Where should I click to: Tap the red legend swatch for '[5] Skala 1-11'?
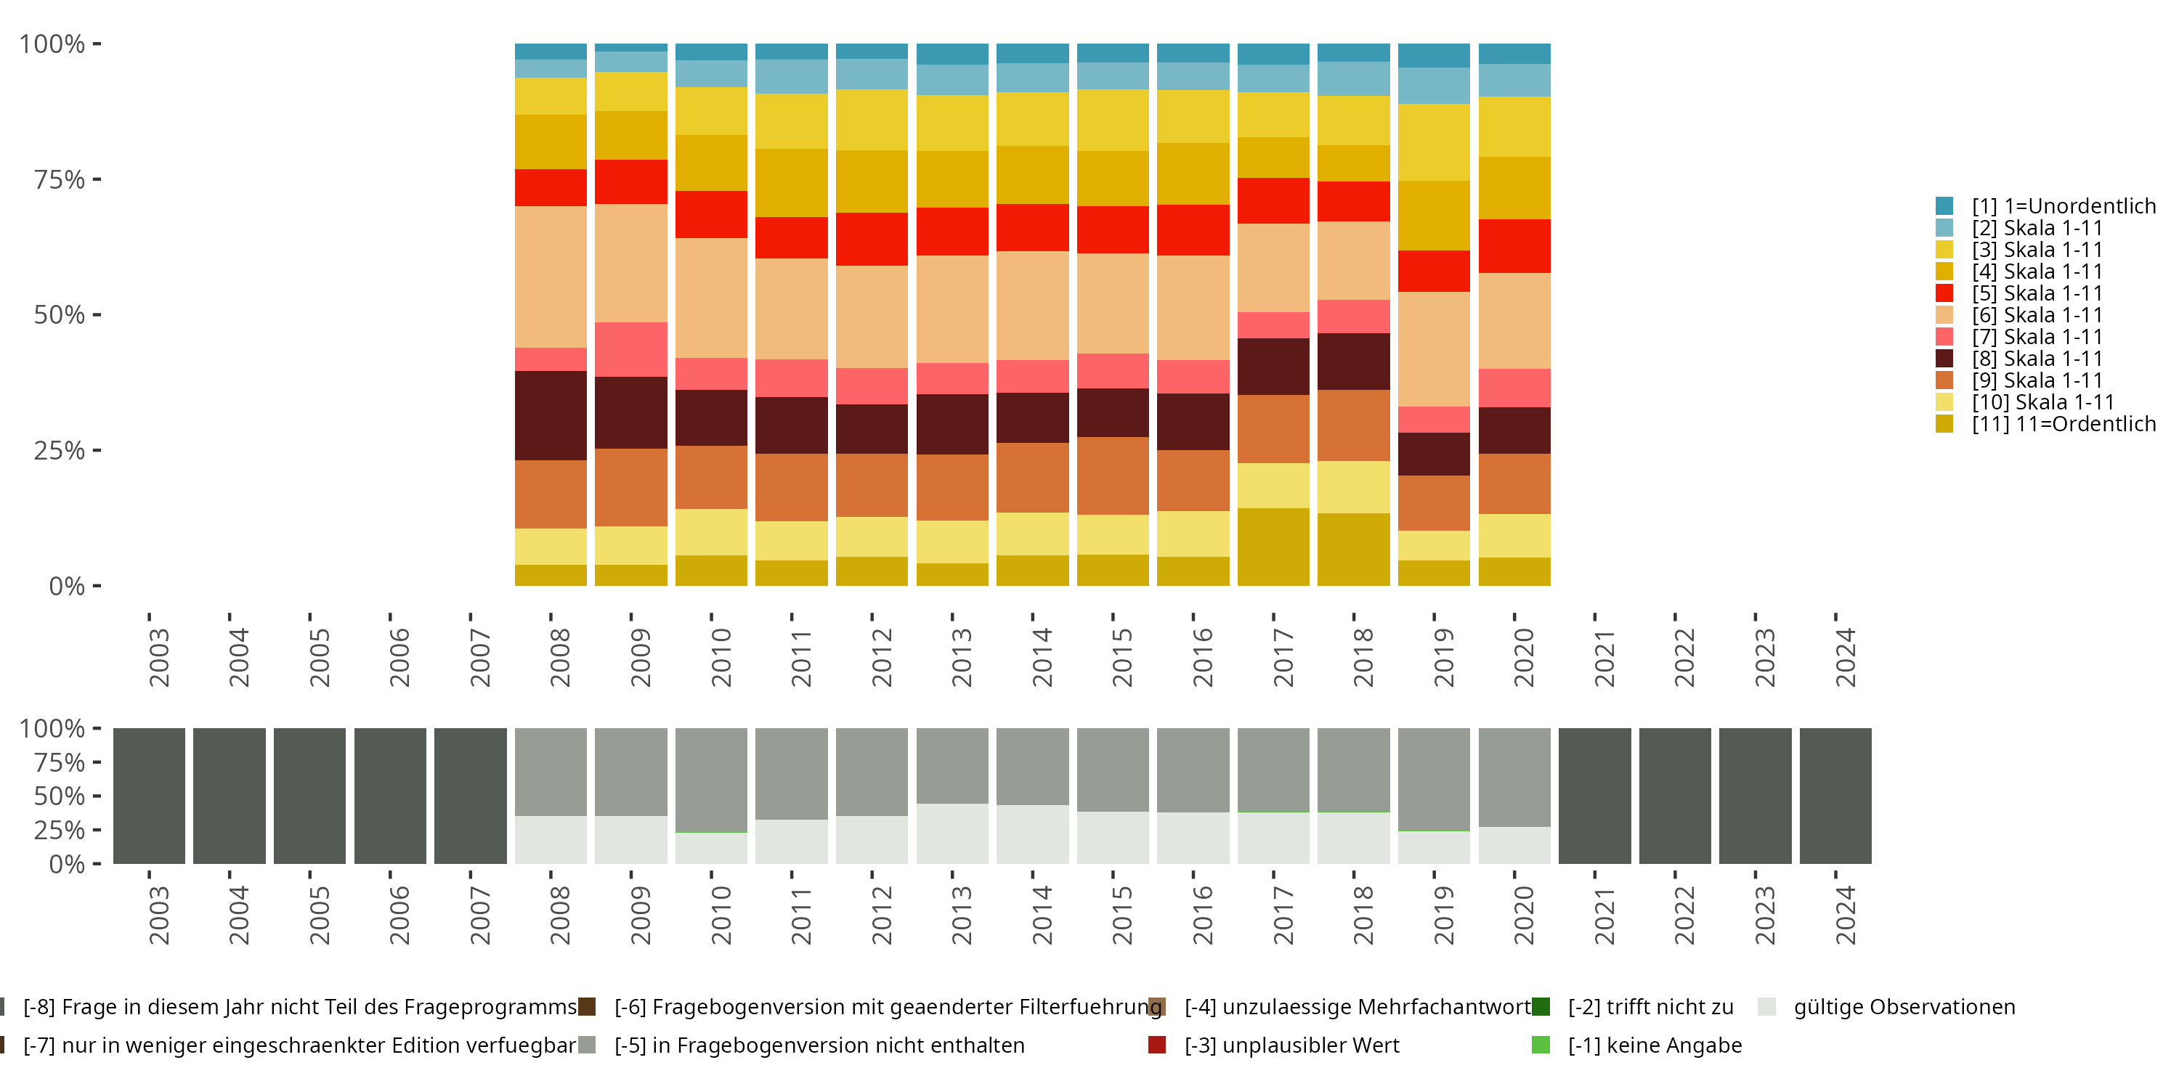[x=1944, y=293]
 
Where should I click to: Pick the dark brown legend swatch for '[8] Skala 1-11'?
[x=1944, y=359]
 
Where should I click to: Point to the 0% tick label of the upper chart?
[x=66, y=586]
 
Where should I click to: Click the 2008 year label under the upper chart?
[x=560, y=658]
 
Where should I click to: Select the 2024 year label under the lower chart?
[x=1845, y=915]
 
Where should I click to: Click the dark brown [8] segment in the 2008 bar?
[x=551, y=415]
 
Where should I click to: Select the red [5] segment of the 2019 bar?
[x=1434, y=271]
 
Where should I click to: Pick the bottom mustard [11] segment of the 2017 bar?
[x=1273, y=546]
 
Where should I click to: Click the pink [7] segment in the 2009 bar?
[x=631, y=349]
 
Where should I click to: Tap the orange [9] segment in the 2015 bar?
[x=1112, y=476]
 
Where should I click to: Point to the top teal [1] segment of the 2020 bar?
[x=1514, y=53]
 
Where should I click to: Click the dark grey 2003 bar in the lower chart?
[x=149, y=796]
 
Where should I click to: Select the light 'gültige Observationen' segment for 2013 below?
[x=952, y=833]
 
